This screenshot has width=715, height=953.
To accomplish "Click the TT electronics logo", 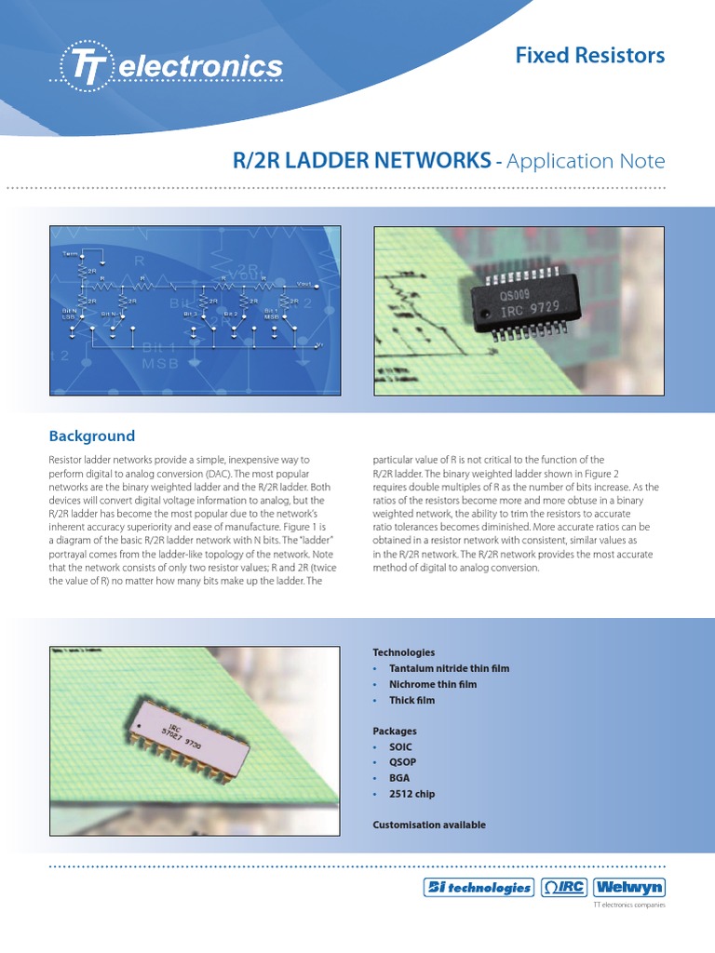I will click(171, 66).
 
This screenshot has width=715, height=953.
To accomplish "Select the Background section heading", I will click(91, 436).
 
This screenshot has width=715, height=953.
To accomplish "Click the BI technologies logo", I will click(478, 887).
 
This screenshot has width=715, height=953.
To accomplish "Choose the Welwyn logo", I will click(628, 887).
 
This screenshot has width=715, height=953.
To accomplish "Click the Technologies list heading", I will click(403, 652).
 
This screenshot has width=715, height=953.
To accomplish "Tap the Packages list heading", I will click(395, 732).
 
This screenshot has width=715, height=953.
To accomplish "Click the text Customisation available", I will click(429, 825).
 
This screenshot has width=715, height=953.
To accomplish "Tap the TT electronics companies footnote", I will click(629, 906).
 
